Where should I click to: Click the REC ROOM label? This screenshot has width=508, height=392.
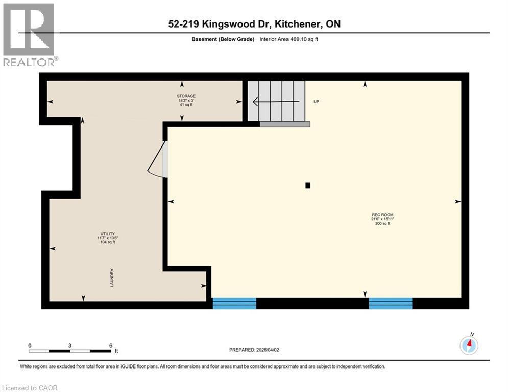click(x=382, y=215)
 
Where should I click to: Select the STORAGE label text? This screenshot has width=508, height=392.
click(x=186, y=96)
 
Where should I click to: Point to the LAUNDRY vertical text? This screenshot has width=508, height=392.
click(x=112, y=278)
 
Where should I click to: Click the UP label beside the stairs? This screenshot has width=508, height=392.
click(x=316, y=102)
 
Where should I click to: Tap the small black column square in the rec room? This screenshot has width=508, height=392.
click(x=308, y=186)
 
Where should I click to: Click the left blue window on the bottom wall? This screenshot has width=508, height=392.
click(x=234, y=303)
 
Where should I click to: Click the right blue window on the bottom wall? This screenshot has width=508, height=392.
click(x=391, y=303)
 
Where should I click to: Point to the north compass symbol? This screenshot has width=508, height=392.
click(x=469, y=345)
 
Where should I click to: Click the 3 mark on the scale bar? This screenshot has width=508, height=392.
click(x=69, y=345)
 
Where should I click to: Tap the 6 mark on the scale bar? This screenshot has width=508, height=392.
click(x=110, y=345)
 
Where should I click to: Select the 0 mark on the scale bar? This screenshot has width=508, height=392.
click(x=30, y=345)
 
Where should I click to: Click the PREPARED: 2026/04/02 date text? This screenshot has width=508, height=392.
click(x=254, y=350)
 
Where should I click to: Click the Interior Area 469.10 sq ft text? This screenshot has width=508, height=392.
click(x=293, y=39)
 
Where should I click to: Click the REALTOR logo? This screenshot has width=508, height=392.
click(x=29, y=35)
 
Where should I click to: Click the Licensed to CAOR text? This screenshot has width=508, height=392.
click(x=30, y=388)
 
